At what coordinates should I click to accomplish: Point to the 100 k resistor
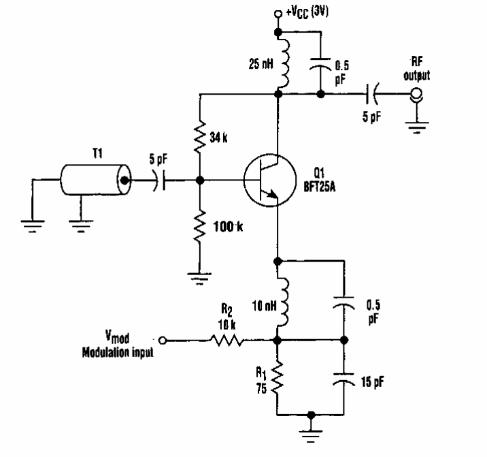(x=199, y=221)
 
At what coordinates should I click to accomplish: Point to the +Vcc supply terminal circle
(x=277, y=13)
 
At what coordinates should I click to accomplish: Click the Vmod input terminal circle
(x=162, y=338)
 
